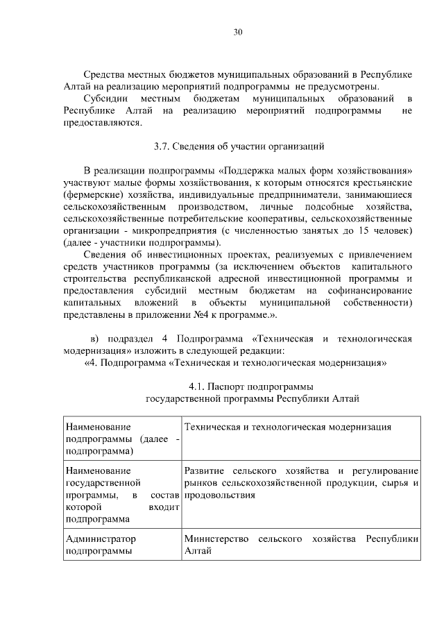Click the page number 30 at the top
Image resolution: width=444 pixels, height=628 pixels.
(237, 31)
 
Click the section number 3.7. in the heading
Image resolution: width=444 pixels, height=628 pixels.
(161, 146)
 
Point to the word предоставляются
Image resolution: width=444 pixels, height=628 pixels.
(102, 123)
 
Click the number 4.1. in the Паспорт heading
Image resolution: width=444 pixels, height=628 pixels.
(198, 387)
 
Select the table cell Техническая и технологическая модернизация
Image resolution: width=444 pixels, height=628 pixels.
(287, 427)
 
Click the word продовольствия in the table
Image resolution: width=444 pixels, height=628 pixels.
(220, 495)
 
